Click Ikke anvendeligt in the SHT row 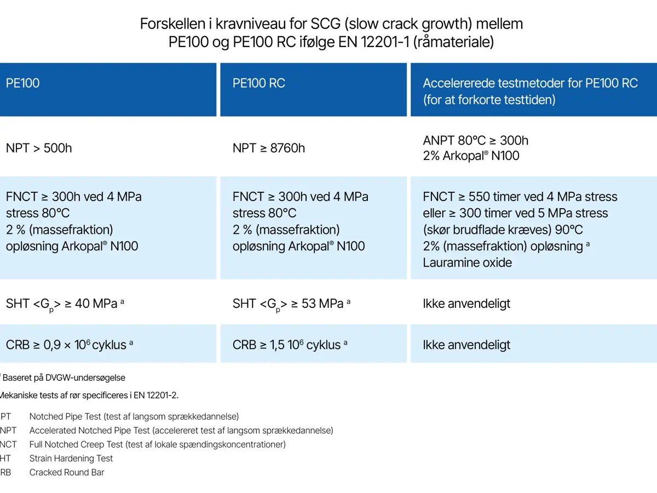coord(466,304)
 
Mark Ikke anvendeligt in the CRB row coord(466,345)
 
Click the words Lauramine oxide coord(467,262)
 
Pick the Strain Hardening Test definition coord(71,458)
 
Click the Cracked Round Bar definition coord(67,472)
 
